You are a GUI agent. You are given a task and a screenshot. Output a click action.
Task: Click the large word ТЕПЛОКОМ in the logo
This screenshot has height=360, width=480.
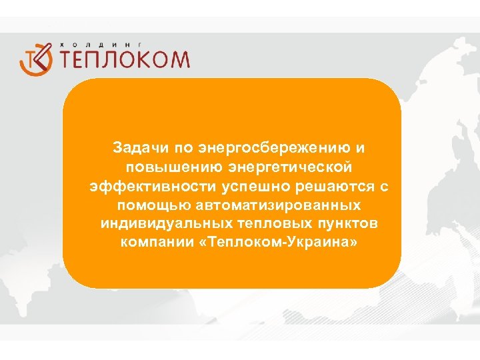[125, 59]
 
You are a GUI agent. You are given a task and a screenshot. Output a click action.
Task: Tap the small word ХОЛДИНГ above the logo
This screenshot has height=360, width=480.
[107, 43]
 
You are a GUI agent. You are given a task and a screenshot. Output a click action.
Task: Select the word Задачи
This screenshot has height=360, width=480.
[136, 146]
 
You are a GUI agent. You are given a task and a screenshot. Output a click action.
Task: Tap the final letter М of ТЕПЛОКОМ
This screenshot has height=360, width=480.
[178, 59]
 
